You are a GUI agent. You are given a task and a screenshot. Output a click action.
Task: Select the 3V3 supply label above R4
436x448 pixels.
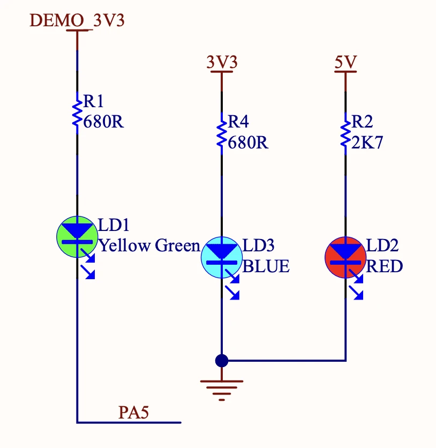[x=222, y=62]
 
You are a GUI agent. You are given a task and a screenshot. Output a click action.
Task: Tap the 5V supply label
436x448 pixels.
[x=345, y=62]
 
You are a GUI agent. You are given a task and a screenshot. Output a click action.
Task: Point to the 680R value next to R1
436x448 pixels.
[x=103, y=121]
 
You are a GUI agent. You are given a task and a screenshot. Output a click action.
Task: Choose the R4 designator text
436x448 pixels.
[x=238, y=122]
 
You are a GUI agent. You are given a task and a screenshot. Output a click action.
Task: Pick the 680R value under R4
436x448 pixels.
[x=248, y=143]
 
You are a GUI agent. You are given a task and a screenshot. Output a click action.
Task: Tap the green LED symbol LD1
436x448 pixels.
[x=77, y=236]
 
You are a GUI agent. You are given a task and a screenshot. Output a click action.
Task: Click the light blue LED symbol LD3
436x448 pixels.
[x=221, y=257]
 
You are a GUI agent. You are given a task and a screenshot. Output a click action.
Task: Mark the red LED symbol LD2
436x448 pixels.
[x=345, y=257]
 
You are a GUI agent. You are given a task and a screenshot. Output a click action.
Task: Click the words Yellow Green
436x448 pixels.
[x=149, y=245]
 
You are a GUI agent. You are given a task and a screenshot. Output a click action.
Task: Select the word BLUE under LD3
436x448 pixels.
[x=266, y=266]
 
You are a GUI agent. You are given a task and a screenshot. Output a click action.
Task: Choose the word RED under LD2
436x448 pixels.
[x=385, y=266]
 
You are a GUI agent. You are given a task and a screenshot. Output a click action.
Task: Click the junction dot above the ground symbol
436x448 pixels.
[x=221, y=360]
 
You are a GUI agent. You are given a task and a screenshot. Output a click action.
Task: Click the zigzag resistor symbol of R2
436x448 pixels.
[x=345, y=132]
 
